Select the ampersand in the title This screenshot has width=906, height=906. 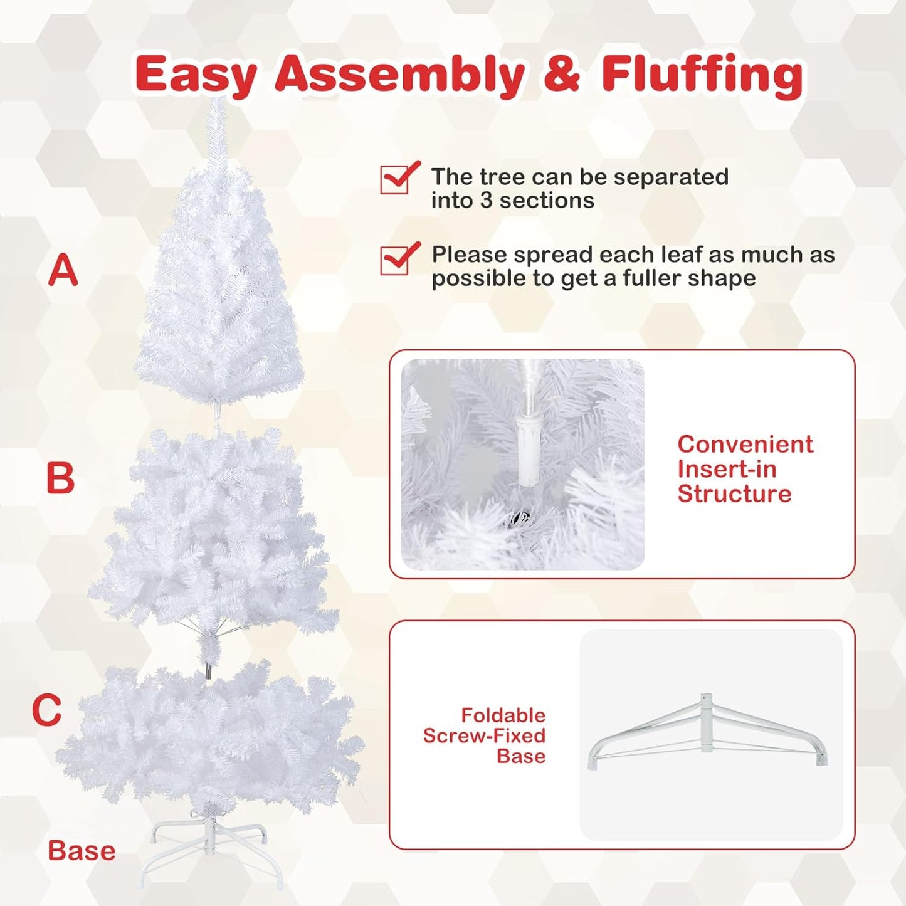point(562,74)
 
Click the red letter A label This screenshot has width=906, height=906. point(63,270)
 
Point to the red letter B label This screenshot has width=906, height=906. point(61,478)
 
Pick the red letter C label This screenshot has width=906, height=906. point(47,710)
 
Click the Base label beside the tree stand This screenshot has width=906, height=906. point(82,851)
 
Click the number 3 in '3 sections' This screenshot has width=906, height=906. point(487,201)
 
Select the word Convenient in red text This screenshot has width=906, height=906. point(745,444)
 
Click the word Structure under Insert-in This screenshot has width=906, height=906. point(734,493)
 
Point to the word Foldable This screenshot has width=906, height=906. point(503,715)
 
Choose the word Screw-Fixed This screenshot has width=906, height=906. point(484,735)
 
